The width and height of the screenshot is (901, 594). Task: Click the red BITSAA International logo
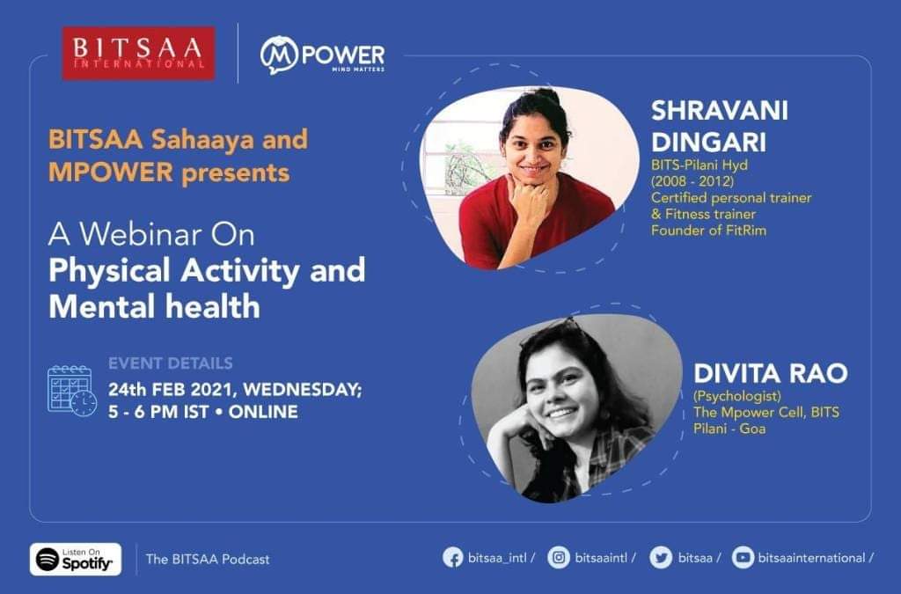coord(138,53)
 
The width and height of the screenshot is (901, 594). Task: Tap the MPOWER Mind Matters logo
coord(322,55)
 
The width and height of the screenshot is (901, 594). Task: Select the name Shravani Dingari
coord(720,126)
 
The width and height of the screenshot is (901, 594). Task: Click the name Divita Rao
coord(771,373)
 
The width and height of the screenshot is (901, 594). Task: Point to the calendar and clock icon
coord(72,391)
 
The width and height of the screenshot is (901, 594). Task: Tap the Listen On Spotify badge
coord(76,559)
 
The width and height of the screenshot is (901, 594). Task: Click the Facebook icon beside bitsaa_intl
coord(453,558)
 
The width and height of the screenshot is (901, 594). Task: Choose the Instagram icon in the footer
coord(559,558)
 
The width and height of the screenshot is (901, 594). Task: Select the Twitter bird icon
coord(661,558)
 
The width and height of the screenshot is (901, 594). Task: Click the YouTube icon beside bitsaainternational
coord(743,558)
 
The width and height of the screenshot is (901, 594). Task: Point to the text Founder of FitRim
coord(708,231)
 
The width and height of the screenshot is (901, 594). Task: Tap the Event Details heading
coord(171,363)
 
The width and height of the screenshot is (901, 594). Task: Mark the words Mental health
coord(155,306)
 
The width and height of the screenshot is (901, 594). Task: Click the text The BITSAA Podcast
coord(208,559)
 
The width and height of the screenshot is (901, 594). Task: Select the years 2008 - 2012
coord(692,181)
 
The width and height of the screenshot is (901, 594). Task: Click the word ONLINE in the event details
coord(263,412)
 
